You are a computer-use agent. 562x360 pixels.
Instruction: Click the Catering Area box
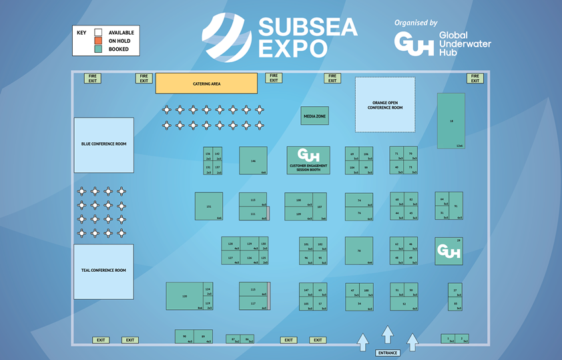[206, 83]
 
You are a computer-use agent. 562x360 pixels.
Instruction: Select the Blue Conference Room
[103, 144]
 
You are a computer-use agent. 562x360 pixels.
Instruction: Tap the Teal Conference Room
[103, 271]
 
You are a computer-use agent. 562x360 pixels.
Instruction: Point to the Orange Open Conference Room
[384, 104]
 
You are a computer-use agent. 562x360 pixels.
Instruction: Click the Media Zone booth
[314, 116]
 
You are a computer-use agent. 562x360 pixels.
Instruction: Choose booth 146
[253, 161]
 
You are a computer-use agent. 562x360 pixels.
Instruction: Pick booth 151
[209, 206]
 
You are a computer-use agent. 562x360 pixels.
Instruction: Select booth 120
[184, 296]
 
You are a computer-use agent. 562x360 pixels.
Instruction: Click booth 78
[359, 251]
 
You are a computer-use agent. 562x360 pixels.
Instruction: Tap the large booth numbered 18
[451, 121]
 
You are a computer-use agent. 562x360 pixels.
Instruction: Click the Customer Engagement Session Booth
[308, 161]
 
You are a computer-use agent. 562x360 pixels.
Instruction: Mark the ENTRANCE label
[387, 353]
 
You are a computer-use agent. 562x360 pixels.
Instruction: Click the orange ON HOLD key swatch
[97, 41]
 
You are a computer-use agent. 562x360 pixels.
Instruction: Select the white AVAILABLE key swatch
[97, 32]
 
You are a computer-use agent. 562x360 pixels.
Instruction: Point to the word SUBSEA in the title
[308, 27]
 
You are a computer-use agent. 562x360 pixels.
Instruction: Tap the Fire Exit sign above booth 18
[475, 78]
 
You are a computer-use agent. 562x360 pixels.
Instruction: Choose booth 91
[456, 206]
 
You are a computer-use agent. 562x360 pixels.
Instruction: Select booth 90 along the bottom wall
[184, 337]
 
